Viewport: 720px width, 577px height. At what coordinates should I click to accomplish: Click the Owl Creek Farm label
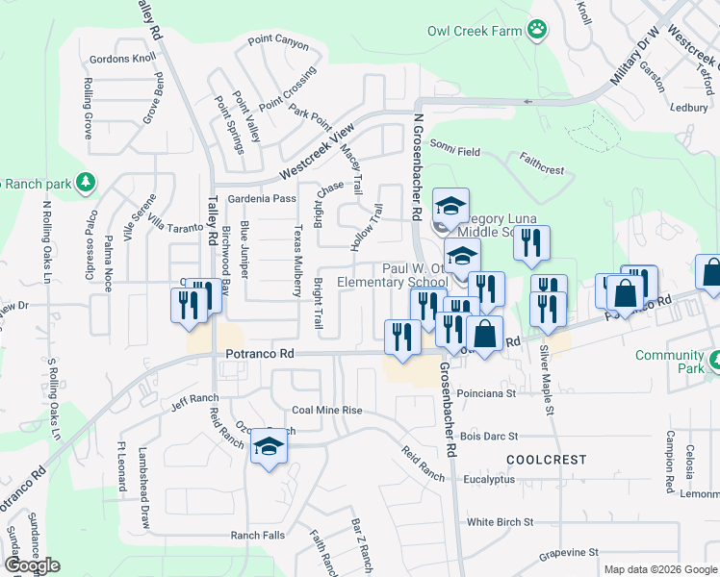[474, 31]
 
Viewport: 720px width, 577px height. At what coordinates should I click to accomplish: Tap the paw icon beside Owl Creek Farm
[537, 31]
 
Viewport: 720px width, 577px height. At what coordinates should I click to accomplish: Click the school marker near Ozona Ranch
[269, 446]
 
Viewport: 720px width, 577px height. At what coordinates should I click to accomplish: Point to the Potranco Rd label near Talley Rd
[259, 354]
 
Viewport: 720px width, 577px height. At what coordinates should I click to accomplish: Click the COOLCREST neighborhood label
[545, 460]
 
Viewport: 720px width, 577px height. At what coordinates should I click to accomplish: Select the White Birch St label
[500, 522]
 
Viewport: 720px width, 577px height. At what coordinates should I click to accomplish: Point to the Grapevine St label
[568, 553]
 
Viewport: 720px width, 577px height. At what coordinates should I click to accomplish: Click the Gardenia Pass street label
[262, 198]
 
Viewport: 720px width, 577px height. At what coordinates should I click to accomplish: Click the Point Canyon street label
[278, 42]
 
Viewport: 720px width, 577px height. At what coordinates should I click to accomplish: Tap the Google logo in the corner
[33, 565]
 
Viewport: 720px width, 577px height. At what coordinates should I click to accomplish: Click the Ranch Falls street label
[257, 535]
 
